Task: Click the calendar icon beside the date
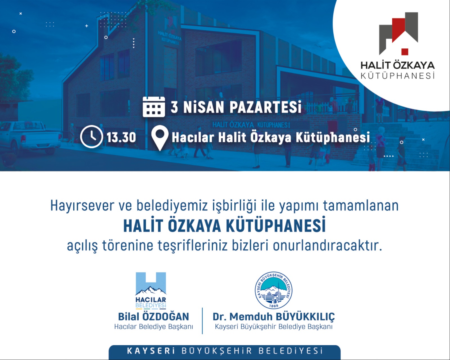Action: coord(154,107)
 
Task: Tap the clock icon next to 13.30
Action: coord(91,137)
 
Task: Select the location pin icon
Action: coord(160,138)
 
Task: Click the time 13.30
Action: coord(121,137)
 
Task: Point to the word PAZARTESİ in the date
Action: coord(265,107)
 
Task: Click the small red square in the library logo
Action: coord(405,52)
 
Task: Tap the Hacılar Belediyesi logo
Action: coord(151,290)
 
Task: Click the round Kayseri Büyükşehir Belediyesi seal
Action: coord(273,290)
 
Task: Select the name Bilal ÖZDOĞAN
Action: coord(154,317)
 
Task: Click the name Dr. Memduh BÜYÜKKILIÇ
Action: coord(273,317)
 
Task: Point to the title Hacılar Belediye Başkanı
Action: coord(154,327)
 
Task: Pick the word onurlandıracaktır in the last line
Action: coord(327,245)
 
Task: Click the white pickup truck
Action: coord(31,136)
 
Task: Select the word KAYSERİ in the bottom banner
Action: coord(151,351)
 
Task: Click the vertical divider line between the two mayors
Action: coord(202,321)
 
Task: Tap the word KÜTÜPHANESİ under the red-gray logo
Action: coord(397,75)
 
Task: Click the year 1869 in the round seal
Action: coord(273,306)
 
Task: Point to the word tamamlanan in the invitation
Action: coord(361,205)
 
